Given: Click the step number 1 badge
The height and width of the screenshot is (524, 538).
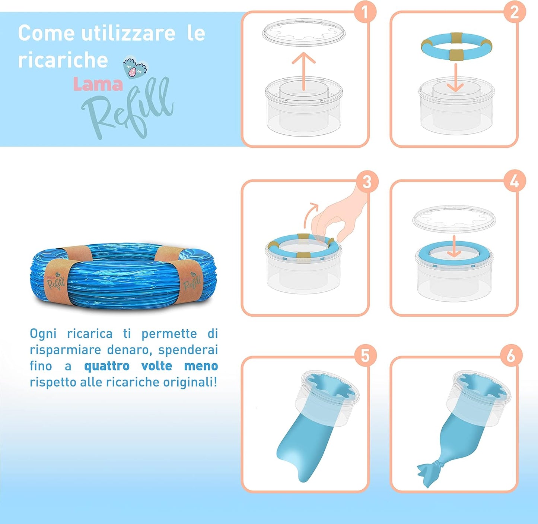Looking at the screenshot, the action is click(x=365, y=12).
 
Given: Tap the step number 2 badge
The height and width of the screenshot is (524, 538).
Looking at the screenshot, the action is click(x=514, y=12).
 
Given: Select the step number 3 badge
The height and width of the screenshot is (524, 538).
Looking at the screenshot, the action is click(x=367, y=182).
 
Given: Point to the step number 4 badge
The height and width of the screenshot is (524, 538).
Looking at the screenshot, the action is click(x=514, y=182).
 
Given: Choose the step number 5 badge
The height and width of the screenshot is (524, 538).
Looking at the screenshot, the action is click(x=365, y=355).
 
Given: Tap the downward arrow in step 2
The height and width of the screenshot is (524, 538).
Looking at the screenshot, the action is click(x=455, y=78).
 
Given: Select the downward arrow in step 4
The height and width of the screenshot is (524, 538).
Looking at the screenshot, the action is click(x=454, y=246).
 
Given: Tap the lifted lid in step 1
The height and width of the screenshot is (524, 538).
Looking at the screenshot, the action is click(x=304, y=33).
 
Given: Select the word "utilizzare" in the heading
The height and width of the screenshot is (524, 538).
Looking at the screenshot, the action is click(x=128, y=33).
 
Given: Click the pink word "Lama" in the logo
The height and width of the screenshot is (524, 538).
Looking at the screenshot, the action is click(x=98, y=84).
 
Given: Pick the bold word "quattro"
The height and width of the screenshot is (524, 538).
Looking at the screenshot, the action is click(x=107, y=366).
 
